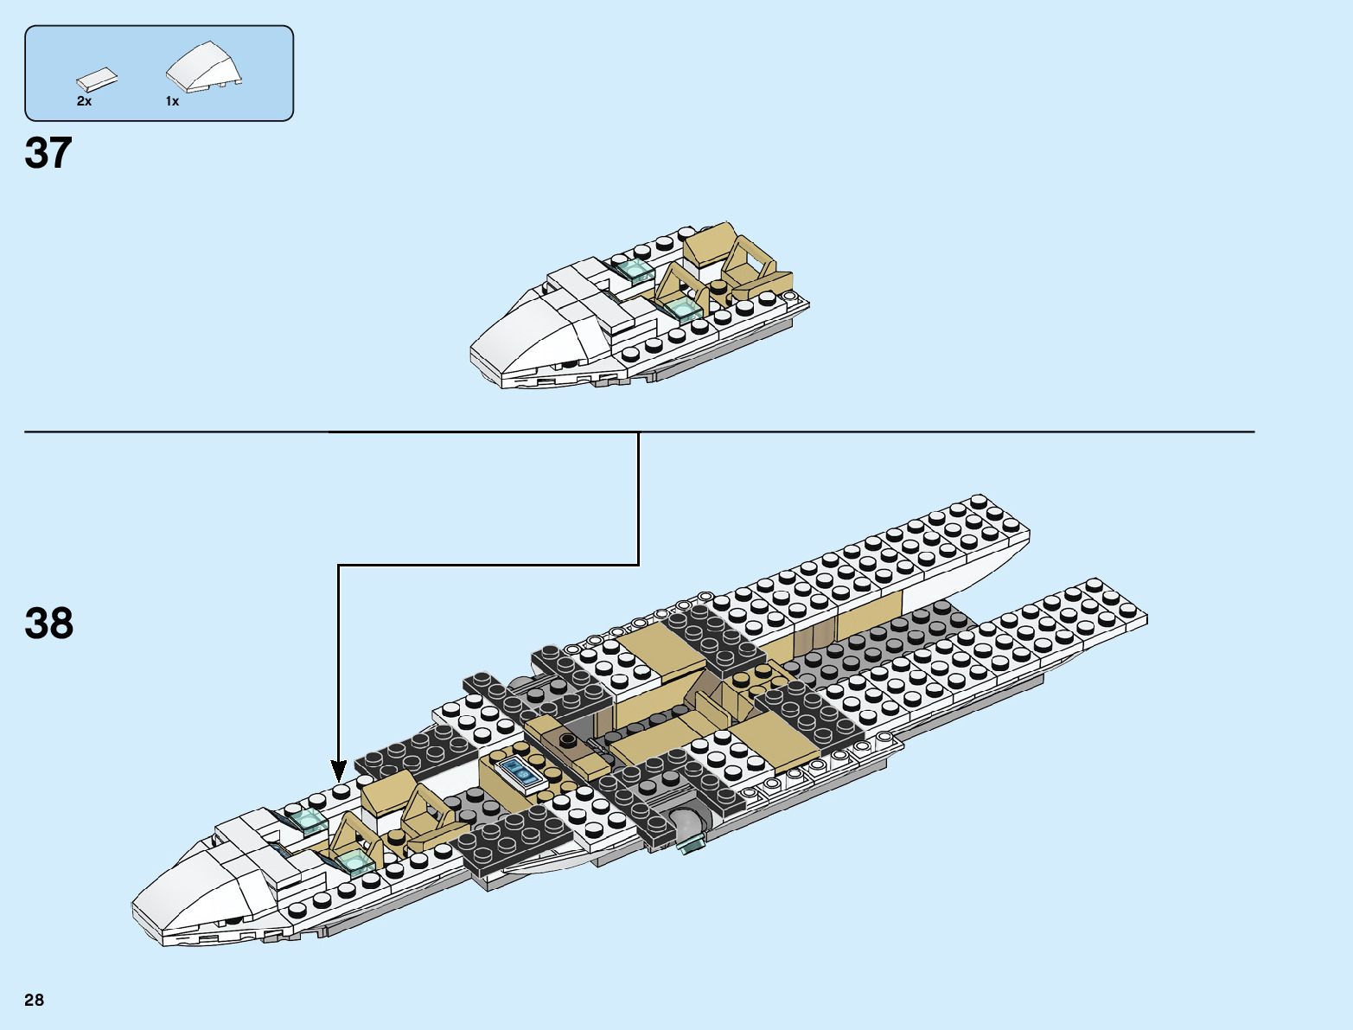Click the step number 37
point(48,153)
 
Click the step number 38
point(49,624)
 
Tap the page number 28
point(34,1000)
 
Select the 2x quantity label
point(84,101)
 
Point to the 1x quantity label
point(173,101)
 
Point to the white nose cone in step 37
point(527,333)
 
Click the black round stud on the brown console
point(567,739)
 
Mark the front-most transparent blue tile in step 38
point(353,860)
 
